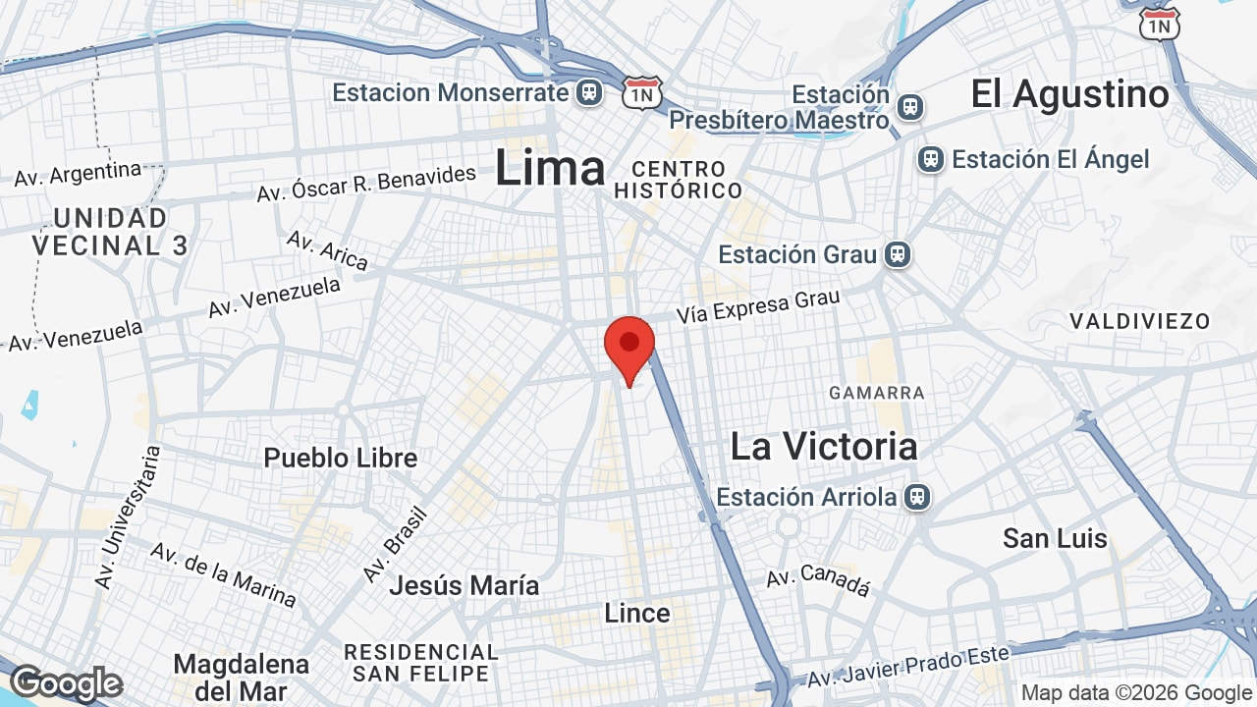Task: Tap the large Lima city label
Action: click(550, 168)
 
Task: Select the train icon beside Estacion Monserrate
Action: click(589, 92)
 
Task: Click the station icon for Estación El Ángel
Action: click(931, 159)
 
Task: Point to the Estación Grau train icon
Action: click(896, 254)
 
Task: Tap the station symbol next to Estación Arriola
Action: click(916, 497)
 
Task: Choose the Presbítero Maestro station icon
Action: click(910, 106)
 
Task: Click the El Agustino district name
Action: click(1069, 94)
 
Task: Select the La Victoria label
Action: click(824, 447)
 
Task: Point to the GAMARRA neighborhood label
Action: click(877, 393)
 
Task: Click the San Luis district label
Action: click(1055, 538)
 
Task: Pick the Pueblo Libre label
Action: click(341, 458)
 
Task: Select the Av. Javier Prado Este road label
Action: click(908, 666)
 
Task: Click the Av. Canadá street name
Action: click(818, 580)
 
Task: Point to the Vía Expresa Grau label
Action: click(759, 305)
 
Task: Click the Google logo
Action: click(66, 683)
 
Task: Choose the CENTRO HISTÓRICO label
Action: click(678, 179)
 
